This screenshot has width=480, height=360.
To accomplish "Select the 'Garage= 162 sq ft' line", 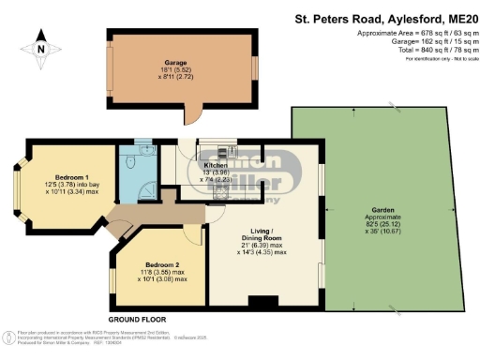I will point(427,41).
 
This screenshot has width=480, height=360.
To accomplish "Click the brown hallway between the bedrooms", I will point(122,221).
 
